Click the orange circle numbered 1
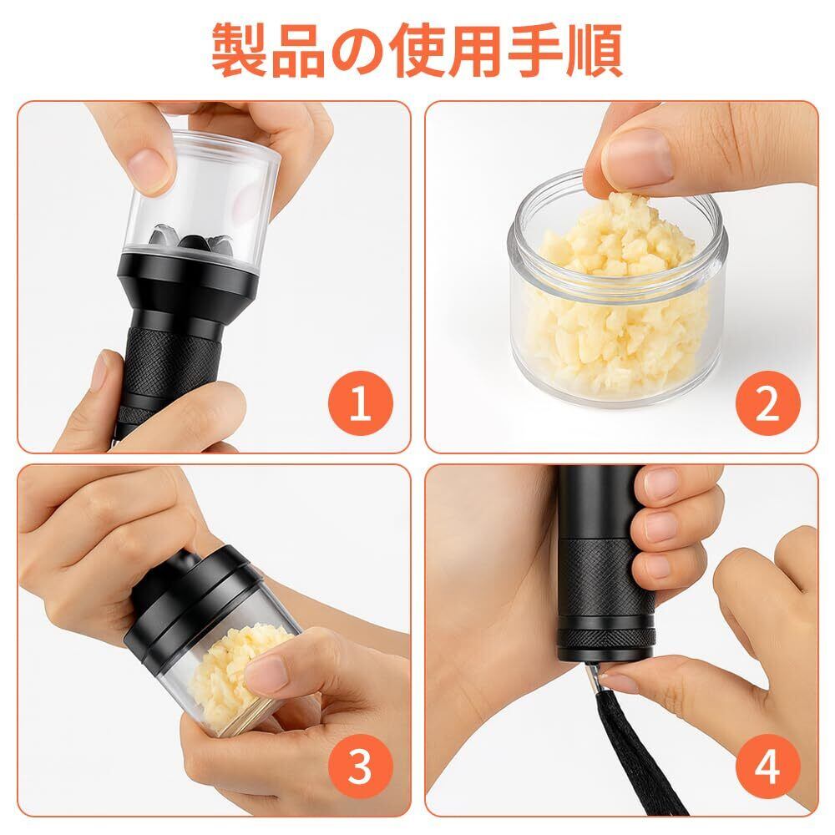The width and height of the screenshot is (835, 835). point(361,403)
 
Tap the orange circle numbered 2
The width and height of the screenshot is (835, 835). point(768,403)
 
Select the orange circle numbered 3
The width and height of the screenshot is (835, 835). point(361,767)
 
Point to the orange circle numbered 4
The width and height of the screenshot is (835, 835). point(768,767)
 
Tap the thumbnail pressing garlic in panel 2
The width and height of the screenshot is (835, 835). point(637,154)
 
